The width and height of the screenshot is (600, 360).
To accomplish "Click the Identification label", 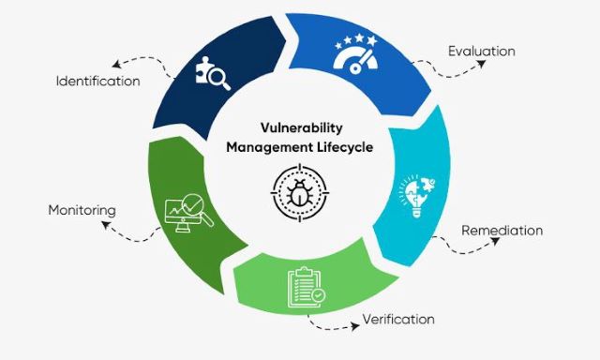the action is pyautogui.click(x=97, y=82).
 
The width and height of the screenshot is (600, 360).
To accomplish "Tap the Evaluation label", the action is pyautogui.click(x=482, y=50).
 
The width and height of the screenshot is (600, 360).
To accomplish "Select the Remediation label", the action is pyautogui.click(x=502, y=231).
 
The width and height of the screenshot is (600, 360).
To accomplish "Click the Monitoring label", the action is pyautogui.click(x=82, y=210).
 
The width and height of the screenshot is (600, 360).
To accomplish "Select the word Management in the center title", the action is pyautogui.click(x=270, y=148).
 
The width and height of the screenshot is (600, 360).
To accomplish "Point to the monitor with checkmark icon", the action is pyautogui.click(x=187, y=211).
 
